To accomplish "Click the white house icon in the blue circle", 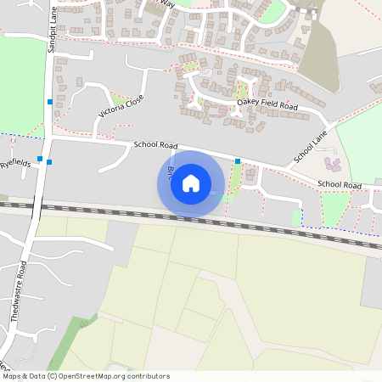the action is click(191, 183).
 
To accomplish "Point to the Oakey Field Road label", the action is click(267, 106).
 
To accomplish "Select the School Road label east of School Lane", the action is click(339, 185).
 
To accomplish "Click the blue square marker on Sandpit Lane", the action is click(51, 102).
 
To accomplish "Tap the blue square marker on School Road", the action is click(238, 160).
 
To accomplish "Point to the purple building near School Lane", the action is click(332, 162).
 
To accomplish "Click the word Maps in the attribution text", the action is click(12, 376).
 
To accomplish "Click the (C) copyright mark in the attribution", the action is click(53, 376).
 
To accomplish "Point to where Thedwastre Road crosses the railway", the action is click(34, 206).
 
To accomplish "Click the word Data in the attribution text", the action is click(37, 376).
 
